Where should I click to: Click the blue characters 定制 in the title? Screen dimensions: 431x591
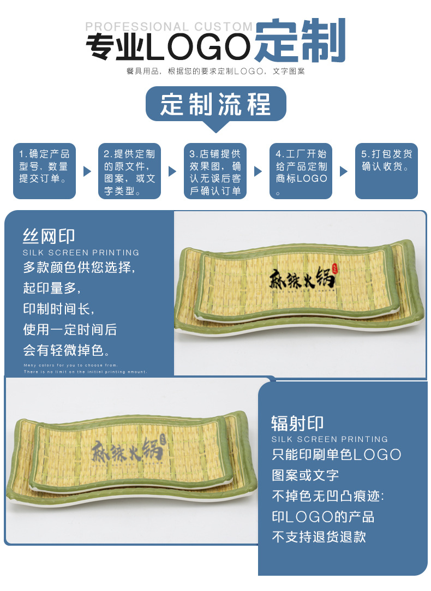click(x=300, y=41)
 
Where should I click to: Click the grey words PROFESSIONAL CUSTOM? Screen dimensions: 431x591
click(x=169, y=27)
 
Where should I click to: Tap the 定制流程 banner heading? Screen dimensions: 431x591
click(x=215, y=104)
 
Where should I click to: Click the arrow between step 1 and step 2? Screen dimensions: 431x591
click(x=87, y=171)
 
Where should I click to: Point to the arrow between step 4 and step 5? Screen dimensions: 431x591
click(x=344, y=171)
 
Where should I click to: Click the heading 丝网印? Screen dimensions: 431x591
click(x=49, y=236)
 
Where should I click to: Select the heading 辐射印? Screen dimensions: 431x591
click(x=297, y=423)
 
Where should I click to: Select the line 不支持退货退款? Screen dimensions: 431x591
click(x=319, y=536)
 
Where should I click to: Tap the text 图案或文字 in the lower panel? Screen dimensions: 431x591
click(x=306, y=475)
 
